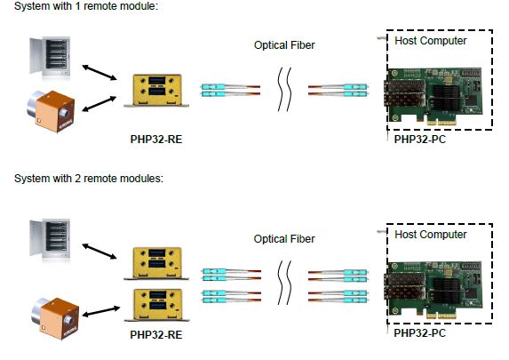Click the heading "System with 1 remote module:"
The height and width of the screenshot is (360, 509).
pyautogui.click(x=86, y=6)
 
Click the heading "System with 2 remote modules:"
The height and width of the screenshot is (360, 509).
pyautogui.click(x=89, y=179)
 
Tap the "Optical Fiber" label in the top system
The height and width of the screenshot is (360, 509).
pyautogui.click(x=284, y=45)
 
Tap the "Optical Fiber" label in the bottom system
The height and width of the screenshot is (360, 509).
pyautogui.click(x=284, y=239)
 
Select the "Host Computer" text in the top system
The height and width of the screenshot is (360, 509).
pyautogui.click(x=431, y=41)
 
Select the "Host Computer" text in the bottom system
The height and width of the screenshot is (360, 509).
pyautogui.click(x=431, y=235)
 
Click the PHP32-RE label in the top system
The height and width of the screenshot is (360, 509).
pyautogui.click(x=156, y=139)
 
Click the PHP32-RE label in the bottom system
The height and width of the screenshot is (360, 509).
pyautogui.click(x=156, y=334)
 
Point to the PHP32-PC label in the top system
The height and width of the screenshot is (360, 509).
pyautogui.click(x=420, y=139)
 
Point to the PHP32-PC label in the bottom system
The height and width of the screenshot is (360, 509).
pyautogui.click(x=420, y=333)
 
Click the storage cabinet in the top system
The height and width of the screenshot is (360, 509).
pyautogui.click(x=50, y=57)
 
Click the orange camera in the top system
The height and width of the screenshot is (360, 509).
pyautogui.click(x=51, y=111)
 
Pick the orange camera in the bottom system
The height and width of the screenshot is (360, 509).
pyautogui.click(x=55, y=318)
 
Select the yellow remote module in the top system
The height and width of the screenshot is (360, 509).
pyautogui.click(x=157, y=91)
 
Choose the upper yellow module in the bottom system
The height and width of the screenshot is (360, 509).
pyautogui.click(x=157, y=263)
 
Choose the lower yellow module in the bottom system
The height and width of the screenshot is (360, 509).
pyautogui.click(x=157, y=305)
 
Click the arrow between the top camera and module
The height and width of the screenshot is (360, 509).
pyautogui.click(x=99, y=104)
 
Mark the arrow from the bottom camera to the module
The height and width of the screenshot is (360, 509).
pyautogui.click(x=101, y=311)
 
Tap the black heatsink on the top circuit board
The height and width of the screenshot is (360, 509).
pyautogui.click(x=447, y=97)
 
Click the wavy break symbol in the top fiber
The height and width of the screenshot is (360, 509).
pyautogui.click(x=284, y=89)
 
